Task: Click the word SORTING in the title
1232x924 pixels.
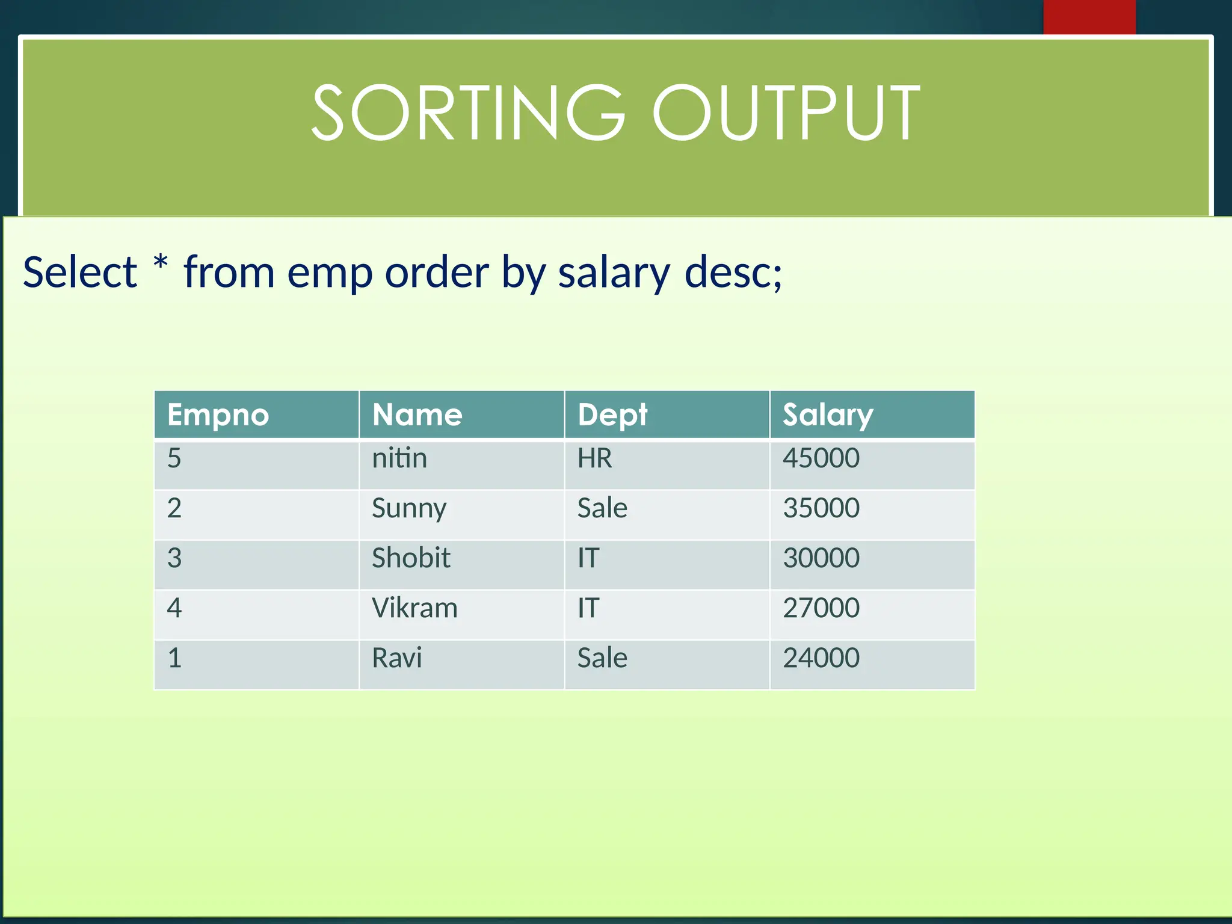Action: pyautogui.click(x=468, y=113)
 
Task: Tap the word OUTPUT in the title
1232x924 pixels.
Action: pyautogui.click(x=786, y=113)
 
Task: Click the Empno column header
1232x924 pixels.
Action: pyautogui.click(x=218, y=415)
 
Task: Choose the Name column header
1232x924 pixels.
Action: pyautogui.click(x=417, y=415)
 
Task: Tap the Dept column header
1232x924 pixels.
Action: pyautogui.click(x=612, y=415)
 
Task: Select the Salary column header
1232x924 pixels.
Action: pyautogui.click(x=828, y=415)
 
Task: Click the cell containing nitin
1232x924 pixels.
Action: pyautogui.click(x=399, y=458)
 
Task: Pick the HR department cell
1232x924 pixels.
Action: pyautogui.click(x=594, y=458)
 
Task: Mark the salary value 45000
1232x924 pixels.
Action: pyautogui.click(x=821, y=458)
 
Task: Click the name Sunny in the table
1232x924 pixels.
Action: pyautogui.click(x=409, y=509)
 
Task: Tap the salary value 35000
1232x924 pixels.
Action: pyautogui.click(x=821, y=508)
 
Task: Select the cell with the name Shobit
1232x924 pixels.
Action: pyautogui.click(x=411, y=558)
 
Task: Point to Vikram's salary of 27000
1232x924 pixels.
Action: pyautogui.click(x=821, y=608)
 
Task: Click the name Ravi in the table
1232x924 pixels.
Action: pyautogui.click(x=397, y=658)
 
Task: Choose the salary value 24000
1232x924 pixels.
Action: pyautogui.click(x=821, y=658)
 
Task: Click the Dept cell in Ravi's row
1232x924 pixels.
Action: pyautogui.click(x=602, y=658)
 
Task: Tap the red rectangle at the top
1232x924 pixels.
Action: pyautogui.click(x=1089, y=17)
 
